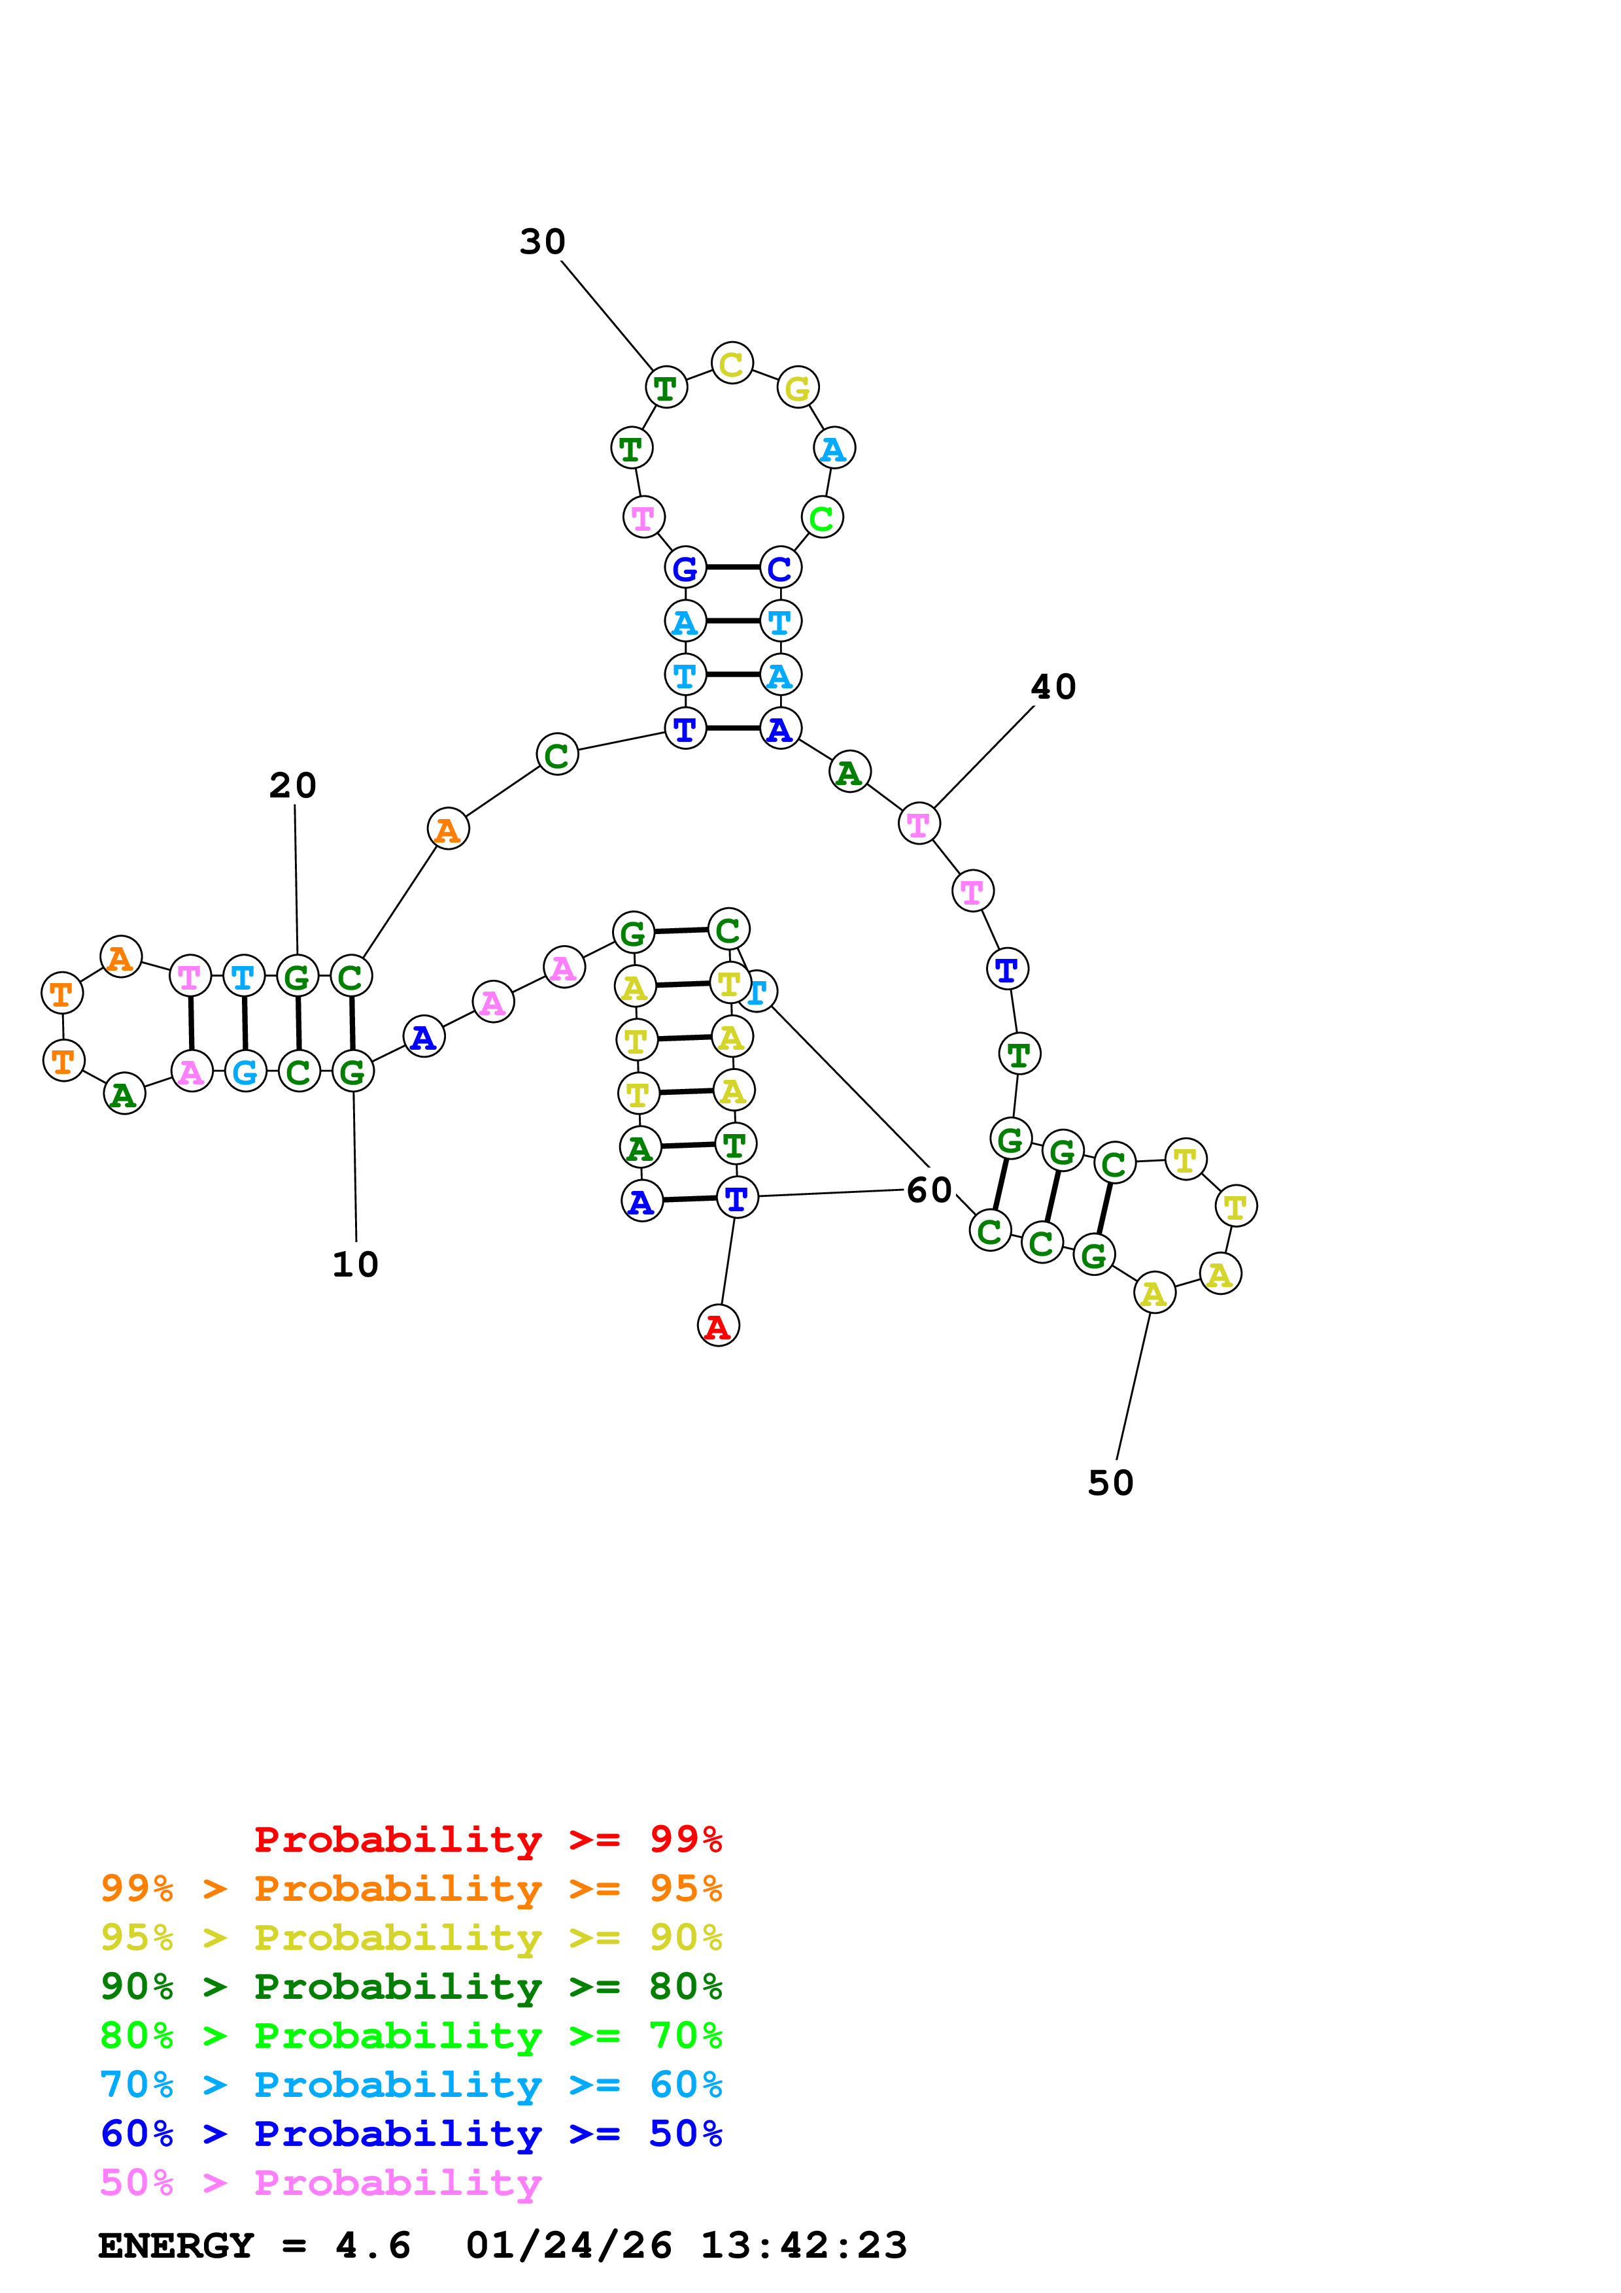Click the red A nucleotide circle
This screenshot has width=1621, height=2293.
[718, 1326]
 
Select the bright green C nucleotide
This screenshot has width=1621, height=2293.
[822, 517]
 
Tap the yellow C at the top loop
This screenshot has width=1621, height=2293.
[732, 363]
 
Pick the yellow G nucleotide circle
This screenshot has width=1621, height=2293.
[798, 388]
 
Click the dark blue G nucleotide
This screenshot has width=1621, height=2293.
[685, 568]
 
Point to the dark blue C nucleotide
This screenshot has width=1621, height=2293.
[780, 568]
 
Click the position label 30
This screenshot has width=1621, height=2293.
[542, 242]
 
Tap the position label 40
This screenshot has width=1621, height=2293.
[1053, 687]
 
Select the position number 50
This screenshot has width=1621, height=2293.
[1110, 1483]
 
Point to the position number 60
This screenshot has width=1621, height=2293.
[929, 1190]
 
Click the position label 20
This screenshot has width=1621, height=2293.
[293, 786]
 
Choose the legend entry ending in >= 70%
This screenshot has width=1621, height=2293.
[411, 2035]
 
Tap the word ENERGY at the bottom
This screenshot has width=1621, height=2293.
[176, 2246]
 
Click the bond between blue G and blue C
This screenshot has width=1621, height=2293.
[732, 567]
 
